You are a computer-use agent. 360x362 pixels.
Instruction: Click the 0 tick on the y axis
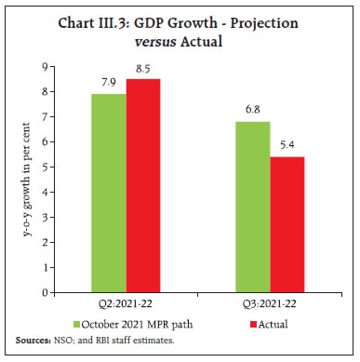57,292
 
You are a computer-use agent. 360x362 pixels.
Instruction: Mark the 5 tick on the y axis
57,168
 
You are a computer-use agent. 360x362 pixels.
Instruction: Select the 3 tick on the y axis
57,217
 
